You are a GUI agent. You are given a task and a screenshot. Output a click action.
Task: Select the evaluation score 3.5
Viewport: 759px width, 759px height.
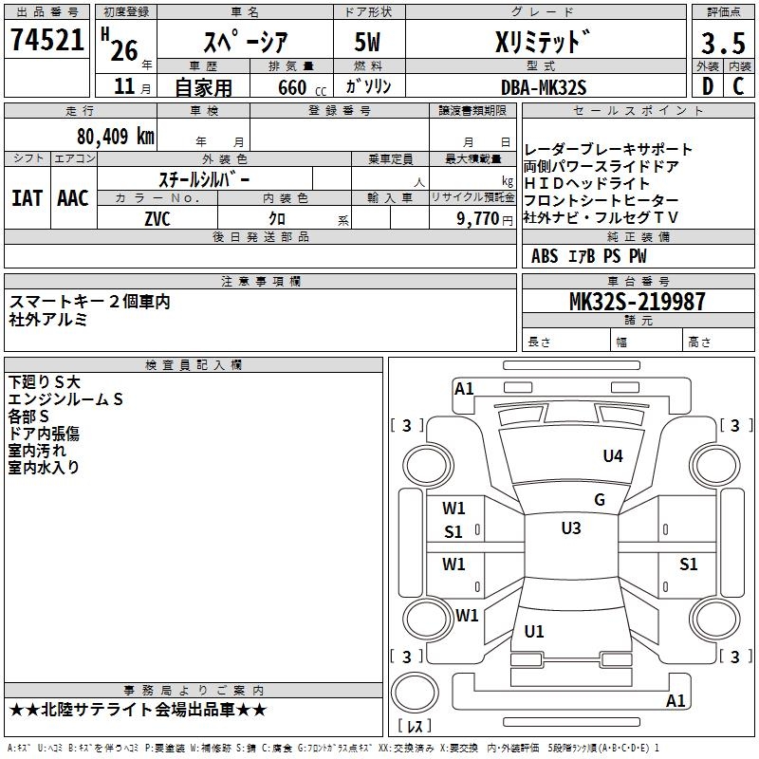[x=721, y=42]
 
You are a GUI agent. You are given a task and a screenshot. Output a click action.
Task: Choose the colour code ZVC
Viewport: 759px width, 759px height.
[x=158, y=218]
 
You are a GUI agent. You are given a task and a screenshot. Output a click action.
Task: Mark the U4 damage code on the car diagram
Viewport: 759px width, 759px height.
[x=613, y=456]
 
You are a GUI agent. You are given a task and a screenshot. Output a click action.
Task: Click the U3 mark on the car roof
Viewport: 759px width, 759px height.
[x=570, y=528]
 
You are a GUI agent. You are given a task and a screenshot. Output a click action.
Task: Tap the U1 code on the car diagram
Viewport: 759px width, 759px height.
[x=534, y=632]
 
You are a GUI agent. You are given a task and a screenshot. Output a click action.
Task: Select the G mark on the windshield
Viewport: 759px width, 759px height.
[x=599, y=500]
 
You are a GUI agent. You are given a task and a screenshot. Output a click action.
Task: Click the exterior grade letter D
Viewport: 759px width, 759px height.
[x=707, y=87]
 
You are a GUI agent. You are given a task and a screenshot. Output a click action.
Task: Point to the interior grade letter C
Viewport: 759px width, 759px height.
[x=738, y=87]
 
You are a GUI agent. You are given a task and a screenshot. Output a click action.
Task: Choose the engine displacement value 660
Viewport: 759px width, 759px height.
[x=292, y=88]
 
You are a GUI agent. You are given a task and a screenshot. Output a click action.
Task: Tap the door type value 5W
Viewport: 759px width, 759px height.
[x=368, y=42]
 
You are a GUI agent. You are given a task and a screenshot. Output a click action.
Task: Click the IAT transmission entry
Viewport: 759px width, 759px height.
[x=27, y=198]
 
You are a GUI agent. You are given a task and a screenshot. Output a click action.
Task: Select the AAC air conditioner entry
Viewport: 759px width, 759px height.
[x=72, y=198]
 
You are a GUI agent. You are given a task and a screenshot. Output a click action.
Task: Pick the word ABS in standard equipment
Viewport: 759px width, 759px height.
[x=545, y=256]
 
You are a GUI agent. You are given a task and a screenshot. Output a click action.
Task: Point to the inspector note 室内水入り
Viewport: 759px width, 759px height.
[x=45, y=468]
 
